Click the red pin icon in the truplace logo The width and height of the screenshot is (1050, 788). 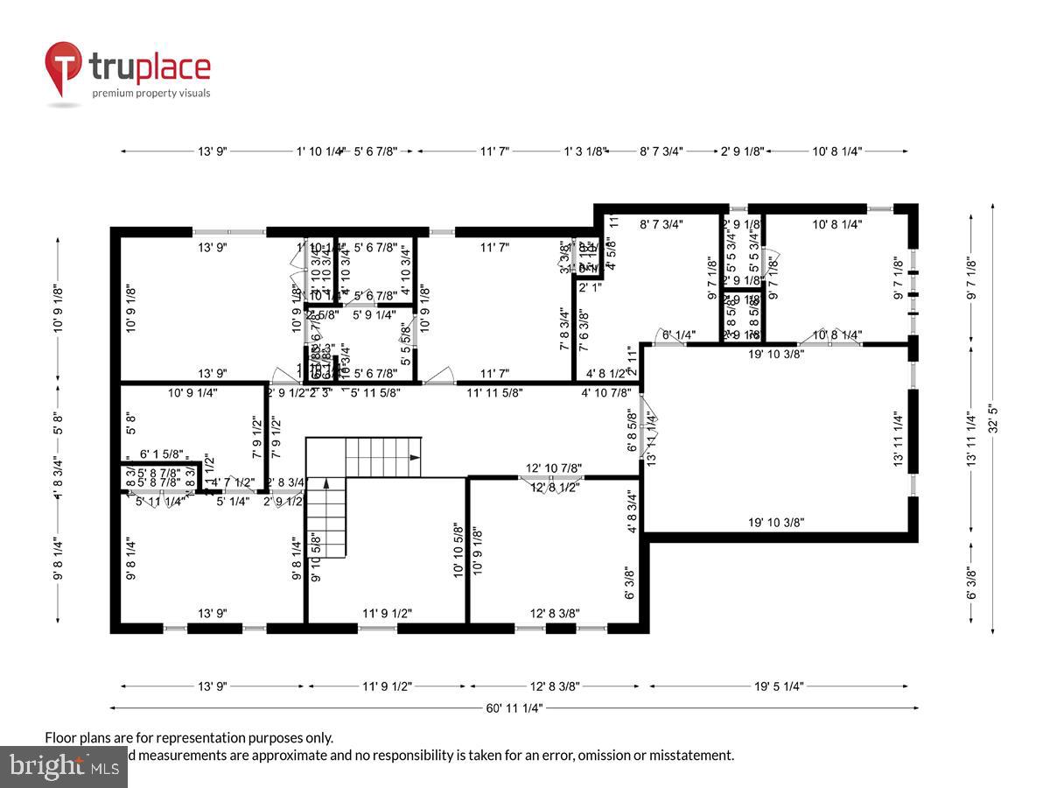64,68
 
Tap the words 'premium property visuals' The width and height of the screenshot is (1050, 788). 151,93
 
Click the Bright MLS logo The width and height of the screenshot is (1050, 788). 63,767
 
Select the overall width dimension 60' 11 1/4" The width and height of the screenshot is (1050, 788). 514,707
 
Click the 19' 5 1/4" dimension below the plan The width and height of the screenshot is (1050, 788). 778,686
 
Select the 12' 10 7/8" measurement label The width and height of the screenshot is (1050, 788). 554,468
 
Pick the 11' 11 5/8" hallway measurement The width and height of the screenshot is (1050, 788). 494,393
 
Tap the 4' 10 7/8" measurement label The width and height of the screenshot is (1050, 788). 606,393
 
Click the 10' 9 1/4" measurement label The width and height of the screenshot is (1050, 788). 192,393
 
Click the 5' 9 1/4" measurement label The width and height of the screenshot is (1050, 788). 374,313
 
